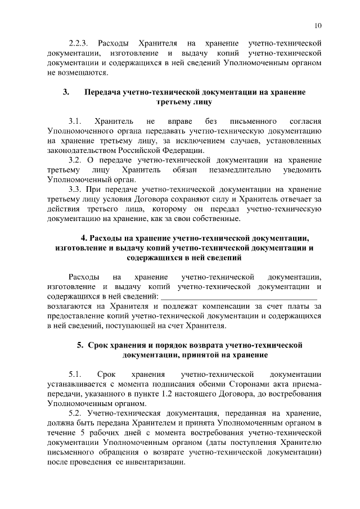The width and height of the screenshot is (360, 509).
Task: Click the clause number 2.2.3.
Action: click(79, 43)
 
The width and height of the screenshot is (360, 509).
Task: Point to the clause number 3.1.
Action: click(75, 121)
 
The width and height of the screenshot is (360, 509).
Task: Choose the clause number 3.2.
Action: click(75, 160)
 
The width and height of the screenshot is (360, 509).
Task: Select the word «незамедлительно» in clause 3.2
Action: click(240, 170)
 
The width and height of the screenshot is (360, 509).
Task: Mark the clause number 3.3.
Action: click(75, 190)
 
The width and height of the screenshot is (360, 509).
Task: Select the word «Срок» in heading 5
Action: click(99, 345)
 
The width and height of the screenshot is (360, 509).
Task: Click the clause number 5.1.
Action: click(75, 374)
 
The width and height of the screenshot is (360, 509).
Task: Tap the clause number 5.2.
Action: click(75, 413)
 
